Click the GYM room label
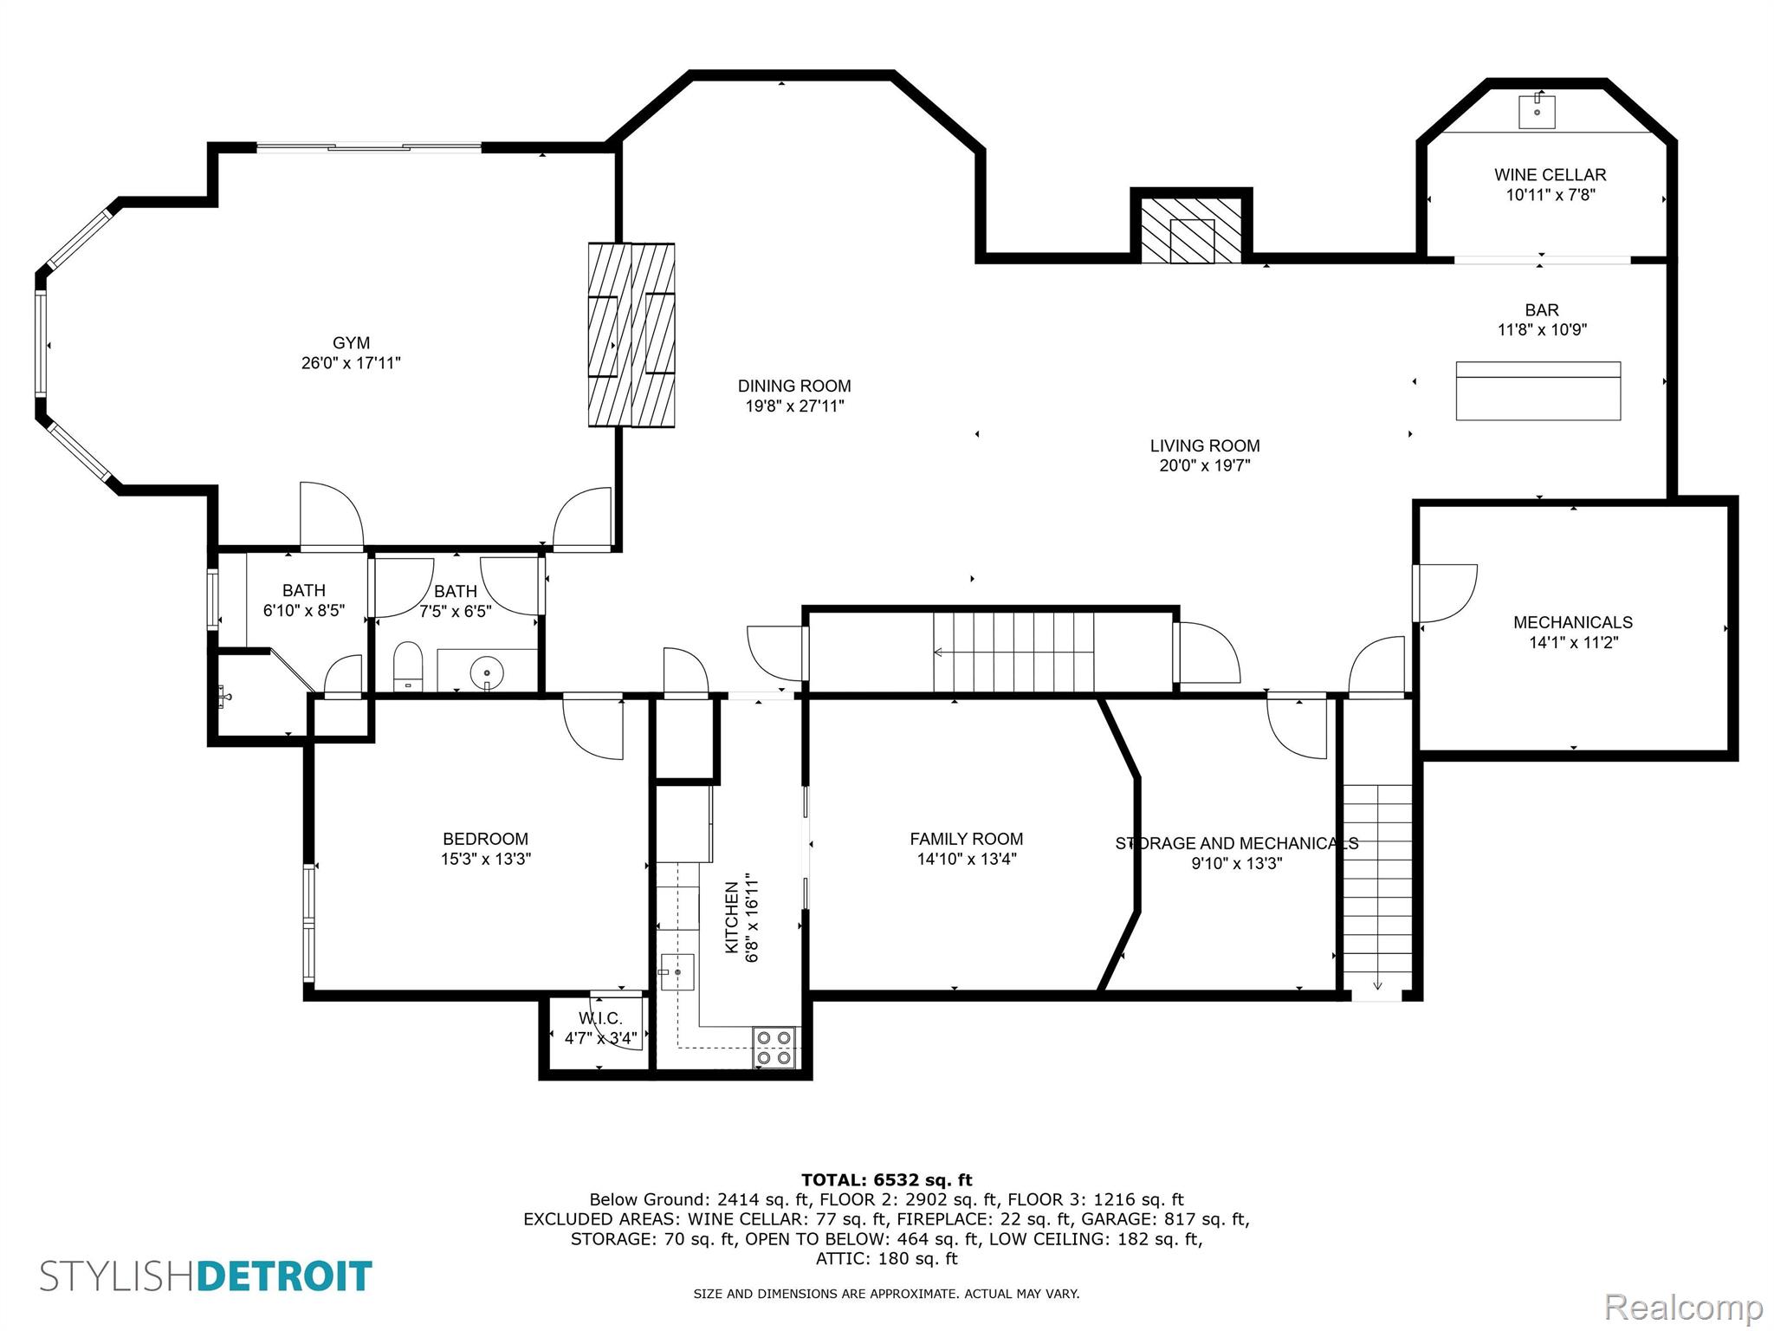[x=351, y=343]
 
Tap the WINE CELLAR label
[x=1550, y=175]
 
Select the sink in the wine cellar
[x=1538, y=112]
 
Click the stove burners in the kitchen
[x=774, y=1047]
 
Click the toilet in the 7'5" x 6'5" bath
[x=407, y=667]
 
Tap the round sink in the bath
[x=487, y=672]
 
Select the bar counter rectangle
[x=1538, y=391]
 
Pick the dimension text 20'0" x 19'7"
[x=1204, y=466]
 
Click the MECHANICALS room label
[x=1572, y=622]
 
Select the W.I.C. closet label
[x=600, y=1019]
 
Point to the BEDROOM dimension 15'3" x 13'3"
[x=485, y=860]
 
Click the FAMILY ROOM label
[x=966, y=839]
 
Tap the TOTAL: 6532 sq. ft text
[x=886, y=1179]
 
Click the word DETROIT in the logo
[x=285, y=1276]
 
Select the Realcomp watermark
[x=1683, y=1306]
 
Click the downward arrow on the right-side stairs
[x=1377, y=984]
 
